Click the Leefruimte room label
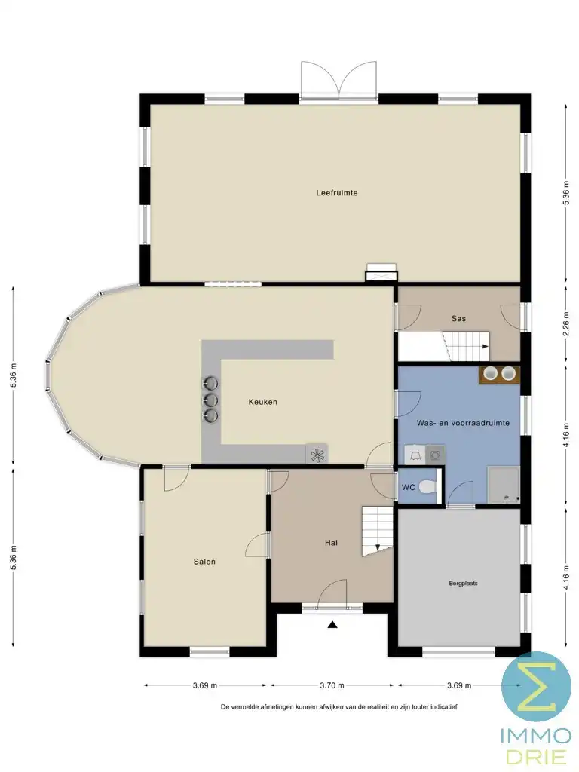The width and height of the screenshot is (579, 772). (x=336, y=193)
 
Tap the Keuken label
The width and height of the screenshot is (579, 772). (x=263, y=402)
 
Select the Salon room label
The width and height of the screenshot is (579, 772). (x=204, y=562)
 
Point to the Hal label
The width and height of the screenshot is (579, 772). (x=331, y=543)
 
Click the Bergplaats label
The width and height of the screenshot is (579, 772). (x=464, y=583)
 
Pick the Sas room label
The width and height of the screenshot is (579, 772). (x=458, y=319)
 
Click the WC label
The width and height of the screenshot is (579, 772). (x=408, y=488)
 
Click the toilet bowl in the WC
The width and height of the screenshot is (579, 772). (x=428, y=487)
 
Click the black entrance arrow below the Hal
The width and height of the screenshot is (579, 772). (x=332, y=623)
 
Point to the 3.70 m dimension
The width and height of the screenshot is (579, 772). (x=332, y=685)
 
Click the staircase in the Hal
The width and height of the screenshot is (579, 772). (x=378, y=530)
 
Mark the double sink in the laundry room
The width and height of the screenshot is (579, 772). (x=499, y=373)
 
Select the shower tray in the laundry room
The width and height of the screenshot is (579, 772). (x=504, y=485)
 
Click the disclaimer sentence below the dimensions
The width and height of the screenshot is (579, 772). (x=339, y=707)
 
